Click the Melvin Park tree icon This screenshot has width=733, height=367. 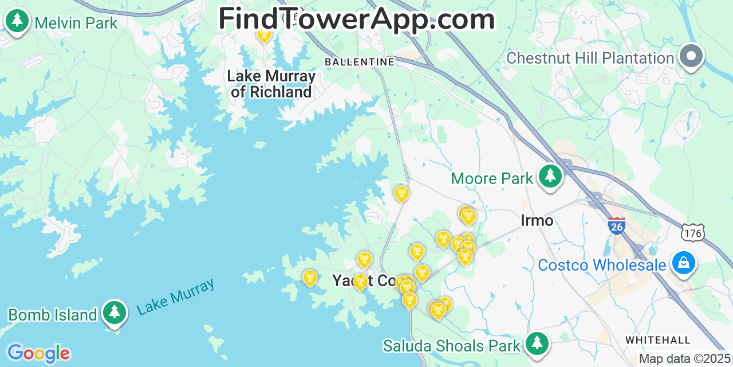tap(17, 21)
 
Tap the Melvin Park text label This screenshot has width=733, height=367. tap(76, 24)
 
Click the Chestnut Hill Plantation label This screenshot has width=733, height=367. tap(590, 58)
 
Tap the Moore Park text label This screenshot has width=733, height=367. tap(492, 179)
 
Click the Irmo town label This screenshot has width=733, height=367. tap(537, 220)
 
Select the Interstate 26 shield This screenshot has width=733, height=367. tap(616, 225)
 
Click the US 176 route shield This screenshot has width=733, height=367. tap(692, 232)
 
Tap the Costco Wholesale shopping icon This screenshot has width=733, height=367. tap(683, 264)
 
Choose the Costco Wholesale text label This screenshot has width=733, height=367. tap(602, 266)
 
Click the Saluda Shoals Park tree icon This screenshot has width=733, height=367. tap(537, 343)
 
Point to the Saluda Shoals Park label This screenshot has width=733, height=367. tap(452, 346)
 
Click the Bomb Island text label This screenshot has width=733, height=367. tap(53, 315)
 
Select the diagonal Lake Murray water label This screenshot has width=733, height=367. tap(176, 296)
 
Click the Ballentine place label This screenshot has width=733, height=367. tap(359, 61)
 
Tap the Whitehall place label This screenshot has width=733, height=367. tap(657, 340)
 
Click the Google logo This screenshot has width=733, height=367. tap(38, 353)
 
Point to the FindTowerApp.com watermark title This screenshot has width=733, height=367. tap(356, 19)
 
